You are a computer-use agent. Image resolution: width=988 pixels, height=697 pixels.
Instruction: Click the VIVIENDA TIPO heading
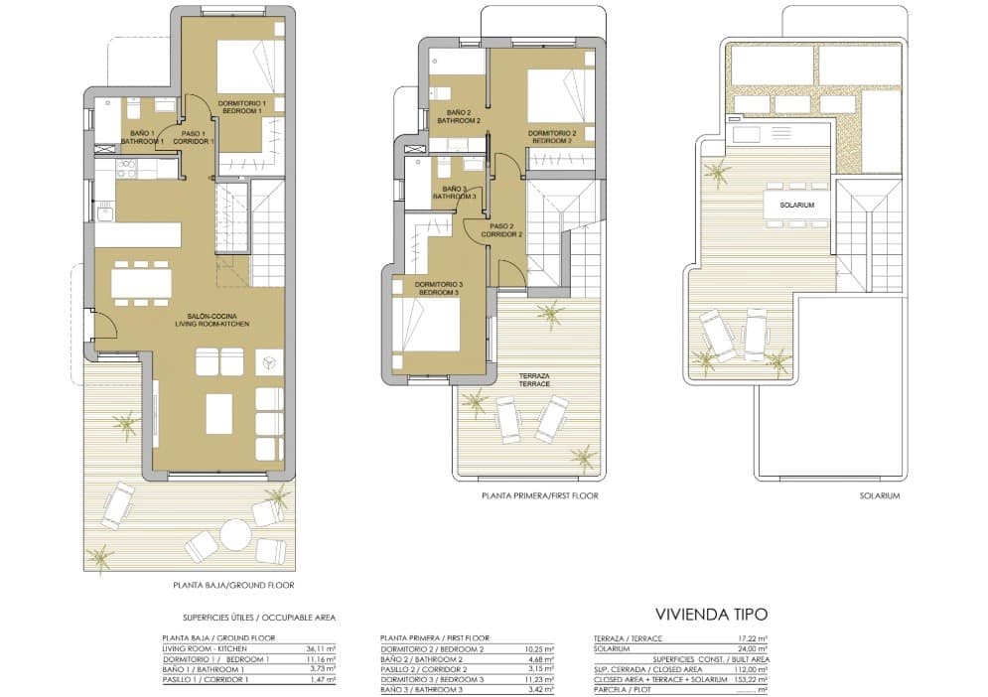point(710,615)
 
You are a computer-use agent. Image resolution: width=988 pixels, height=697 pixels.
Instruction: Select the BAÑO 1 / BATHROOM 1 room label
point(142,138)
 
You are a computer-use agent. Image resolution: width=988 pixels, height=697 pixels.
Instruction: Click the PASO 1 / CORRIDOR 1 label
point(193,138)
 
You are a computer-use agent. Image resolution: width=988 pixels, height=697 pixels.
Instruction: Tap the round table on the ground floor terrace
point(235,534)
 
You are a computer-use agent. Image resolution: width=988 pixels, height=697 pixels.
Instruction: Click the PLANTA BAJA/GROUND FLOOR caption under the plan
point(233,586)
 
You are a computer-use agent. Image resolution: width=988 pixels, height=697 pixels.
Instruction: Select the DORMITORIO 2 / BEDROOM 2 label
point(552,137)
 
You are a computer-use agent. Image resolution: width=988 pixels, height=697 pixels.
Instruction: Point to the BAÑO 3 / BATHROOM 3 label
point(455,193)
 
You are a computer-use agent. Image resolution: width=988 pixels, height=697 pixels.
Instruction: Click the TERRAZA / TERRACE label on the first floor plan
point(534,380)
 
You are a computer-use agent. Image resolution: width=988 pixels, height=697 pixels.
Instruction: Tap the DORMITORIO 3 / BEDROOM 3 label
point(437,289)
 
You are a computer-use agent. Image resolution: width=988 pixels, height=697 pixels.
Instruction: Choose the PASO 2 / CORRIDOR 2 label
point(501,230)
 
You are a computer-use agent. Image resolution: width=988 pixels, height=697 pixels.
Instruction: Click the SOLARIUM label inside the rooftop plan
point(796,206)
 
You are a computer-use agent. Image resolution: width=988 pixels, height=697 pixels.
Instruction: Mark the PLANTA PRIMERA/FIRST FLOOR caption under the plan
point(540,495)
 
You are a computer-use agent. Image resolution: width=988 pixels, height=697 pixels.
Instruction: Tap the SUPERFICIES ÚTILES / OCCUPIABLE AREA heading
point(248,618)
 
